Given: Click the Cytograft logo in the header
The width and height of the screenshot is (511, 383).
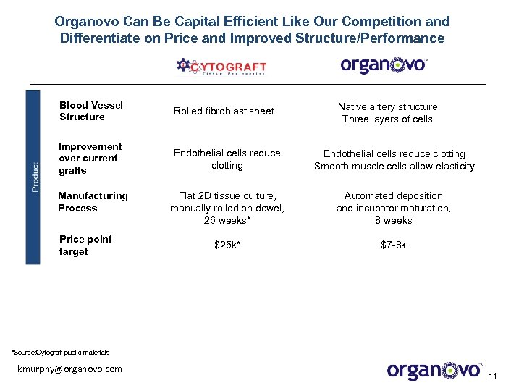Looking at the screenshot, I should pos(221,67).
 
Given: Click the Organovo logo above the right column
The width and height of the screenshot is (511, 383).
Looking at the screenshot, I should pos(384,65).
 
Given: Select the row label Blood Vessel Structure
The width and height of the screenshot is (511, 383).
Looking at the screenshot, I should pos(91,111).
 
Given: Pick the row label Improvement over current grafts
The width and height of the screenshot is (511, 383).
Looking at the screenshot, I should pos(90,159).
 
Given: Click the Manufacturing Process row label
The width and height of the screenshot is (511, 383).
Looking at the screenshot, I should pos(93,202).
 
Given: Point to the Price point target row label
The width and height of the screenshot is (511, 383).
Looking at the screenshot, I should pos(85,245).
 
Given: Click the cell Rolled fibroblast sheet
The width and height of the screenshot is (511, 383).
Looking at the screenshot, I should pos(224,111).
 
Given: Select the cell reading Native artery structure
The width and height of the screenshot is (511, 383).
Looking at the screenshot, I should pos(387,106).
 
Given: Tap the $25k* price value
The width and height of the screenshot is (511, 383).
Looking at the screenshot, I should pos(227,245).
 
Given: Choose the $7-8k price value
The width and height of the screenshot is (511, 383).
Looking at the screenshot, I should pos(393,245).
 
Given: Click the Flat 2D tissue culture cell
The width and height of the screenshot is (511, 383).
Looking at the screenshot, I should pos(227,195).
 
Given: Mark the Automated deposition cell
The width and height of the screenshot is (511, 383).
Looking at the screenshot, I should pos(394,195).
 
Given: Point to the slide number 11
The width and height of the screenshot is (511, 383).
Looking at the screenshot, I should pos(494,376).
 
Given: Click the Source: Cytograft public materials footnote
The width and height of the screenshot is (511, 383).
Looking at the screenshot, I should pos(61,353).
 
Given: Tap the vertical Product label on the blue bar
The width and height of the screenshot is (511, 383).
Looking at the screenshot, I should pos(35,176).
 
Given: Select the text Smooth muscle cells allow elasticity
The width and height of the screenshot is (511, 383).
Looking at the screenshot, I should pos(394,166).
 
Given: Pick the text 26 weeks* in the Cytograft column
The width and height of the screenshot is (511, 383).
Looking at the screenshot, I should pos(227,220).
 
